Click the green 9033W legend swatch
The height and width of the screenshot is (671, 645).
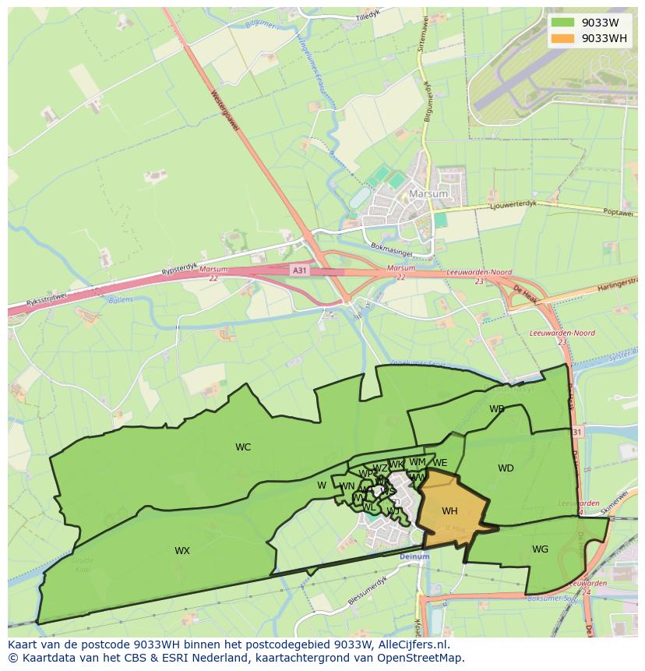pyautogui.click(x=562, y=22)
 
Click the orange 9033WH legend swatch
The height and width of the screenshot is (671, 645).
pyautogui.click(x=562, y=38)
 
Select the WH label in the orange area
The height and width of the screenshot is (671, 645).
pyautogui.click(x=449, y=511)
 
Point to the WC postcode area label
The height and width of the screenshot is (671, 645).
pyautogui.click(x=243, y=447)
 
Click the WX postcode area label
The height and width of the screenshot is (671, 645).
pyautogui.click(x=182, y=551)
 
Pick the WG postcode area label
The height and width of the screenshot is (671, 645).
pyautogui.click(x=540, y=549)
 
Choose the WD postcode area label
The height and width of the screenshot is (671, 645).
pyautogui.click(x=506, y=468)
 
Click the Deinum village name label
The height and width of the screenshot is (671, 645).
pyautogui.click(x=414, y=557)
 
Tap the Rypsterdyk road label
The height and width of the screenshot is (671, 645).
pyautogui.click(x=178, y=268)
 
